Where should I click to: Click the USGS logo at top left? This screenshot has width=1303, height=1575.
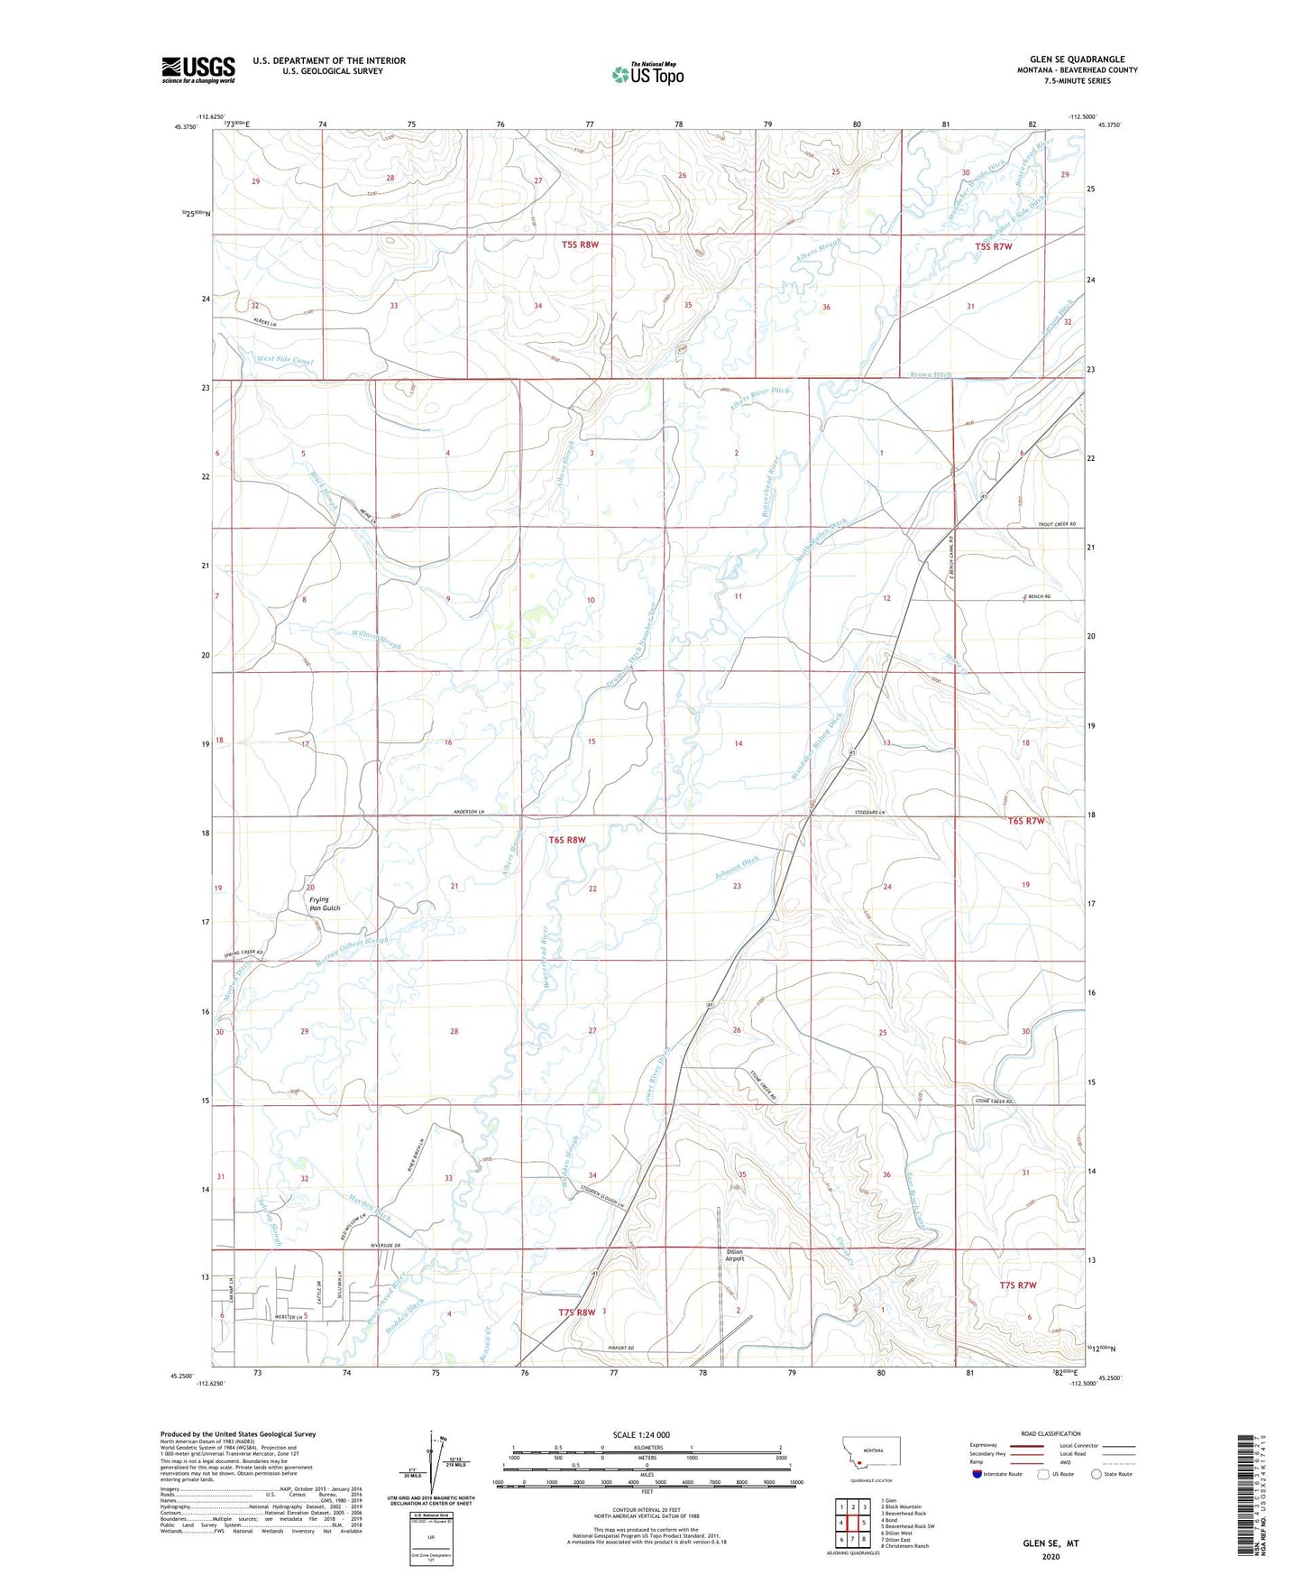197,69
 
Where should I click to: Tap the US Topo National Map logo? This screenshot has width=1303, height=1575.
647,73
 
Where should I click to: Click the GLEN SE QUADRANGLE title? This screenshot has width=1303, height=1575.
1077,59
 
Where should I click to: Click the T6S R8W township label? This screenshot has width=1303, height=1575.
567,840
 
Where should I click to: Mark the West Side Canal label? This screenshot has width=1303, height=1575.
284,360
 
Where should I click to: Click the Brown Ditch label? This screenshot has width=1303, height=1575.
930,374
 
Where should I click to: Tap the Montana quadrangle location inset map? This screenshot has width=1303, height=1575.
870,1458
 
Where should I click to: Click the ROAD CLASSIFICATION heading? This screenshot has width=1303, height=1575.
1051,1432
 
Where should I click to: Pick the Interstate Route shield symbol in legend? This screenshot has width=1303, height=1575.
977,1473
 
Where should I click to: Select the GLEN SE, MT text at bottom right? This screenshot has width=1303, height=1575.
1051,1543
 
